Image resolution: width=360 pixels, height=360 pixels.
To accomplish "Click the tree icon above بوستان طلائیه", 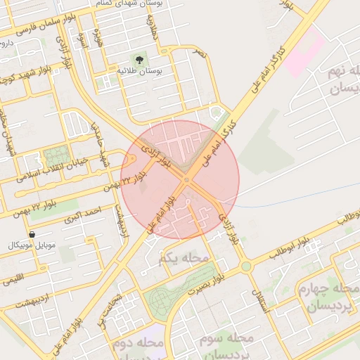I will click(x=136, y=59).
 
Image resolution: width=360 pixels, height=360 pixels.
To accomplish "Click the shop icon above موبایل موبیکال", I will click(x=32, y=234).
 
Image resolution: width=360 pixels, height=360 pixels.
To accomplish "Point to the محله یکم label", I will click(x=184, y=259).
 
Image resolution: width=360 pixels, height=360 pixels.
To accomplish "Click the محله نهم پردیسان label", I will click(x=342, y=81).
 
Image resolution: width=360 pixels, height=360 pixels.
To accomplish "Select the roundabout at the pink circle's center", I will click(x=186, y=180).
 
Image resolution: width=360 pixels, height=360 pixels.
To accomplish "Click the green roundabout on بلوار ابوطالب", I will click(x=245, y=266).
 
